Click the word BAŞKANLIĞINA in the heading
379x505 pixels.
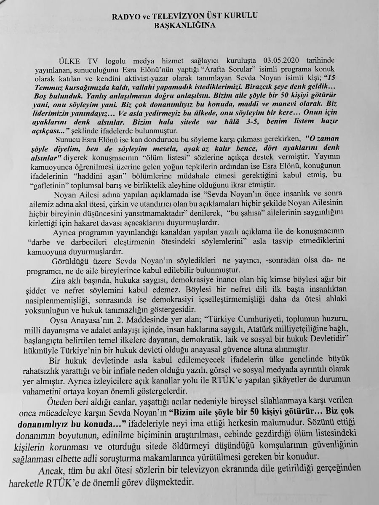191,25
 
